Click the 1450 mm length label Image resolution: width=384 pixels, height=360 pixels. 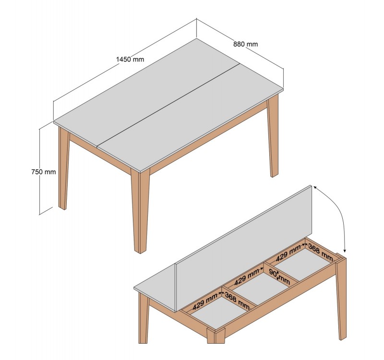(130, 59)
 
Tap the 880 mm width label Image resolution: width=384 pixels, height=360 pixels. (245, 44)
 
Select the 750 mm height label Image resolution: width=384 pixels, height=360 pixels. (44, 172)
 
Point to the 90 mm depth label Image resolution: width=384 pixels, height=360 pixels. (279, 276)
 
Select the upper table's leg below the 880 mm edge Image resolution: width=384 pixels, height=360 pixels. (273, 136)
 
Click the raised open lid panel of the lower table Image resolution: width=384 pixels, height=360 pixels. (244, 248)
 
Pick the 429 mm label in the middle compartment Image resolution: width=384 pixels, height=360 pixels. (247, 277)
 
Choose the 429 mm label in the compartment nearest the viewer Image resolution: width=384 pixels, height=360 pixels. (205, 302)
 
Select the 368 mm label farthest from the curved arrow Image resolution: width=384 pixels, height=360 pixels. (237, 301)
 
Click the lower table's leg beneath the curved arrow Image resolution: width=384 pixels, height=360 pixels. (341, 297)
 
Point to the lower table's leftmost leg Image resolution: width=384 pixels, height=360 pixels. (144, 318)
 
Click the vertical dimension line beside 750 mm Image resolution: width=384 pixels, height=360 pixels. (39, 171)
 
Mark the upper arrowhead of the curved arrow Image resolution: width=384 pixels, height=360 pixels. (315, 187)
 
